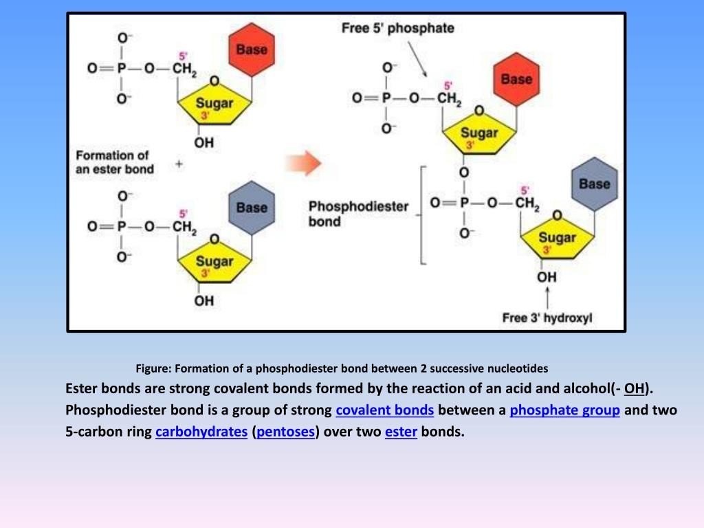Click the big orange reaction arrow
point(303,164)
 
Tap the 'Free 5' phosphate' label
point(398,28)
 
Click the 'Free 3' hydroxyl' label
point(547,318)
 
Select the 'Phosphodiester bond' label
point(358,214)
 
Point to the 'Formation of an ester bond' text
point(114,162)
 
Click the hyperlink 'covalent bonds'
point(384,410)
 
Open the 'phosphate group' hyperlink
point(564,410)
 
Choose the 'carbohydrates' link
point(201,433)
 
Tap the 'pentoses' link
point(286,433)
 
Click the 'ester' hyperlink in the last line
point(401,433)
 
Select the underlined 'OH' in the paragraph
point(634,389)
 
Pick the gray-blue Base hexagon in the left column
point(251,207)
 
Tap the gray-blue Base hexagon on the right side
point(594,184)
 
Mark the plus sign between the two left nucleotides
point(179,164)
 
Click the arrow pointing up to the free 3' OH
point(547,298)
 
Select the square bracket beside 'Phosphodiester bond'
point(423,214)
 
